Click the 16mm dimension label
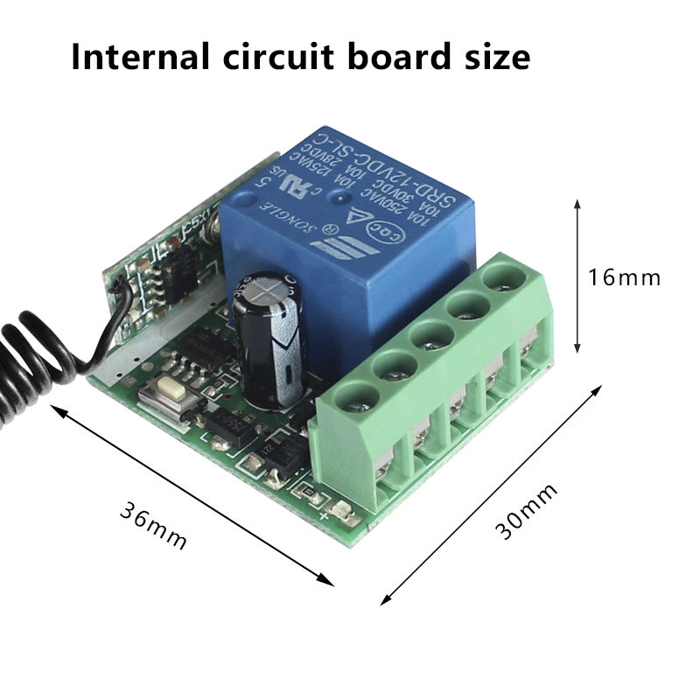point(625,277)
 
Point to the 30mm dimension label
point(526,511)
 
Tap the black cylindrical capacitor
point(266,341)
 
